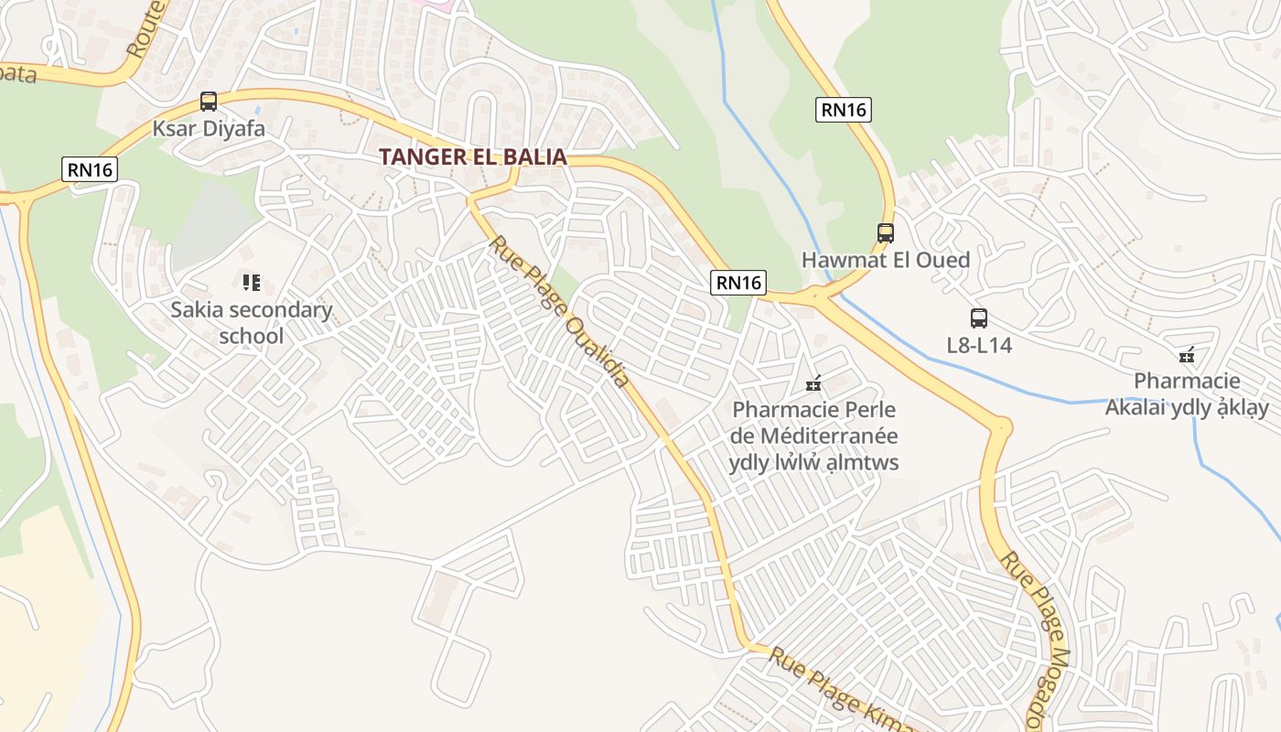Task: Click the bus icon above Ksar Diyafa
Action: coord(209,102)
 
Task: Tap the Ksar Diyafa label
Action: coord(209,129)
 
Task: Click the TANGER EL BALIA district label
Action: coord(473,156)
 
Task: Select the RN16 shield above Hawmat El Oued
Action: coord(843,110)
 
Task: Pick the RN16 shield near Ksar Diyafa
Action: coord(90,169)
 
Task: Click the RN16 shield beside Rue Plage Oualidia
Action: coord(738,283)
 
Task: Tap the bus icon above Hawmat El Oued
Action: coord(885,233)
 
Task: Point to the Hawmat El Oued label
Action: coord(885,260)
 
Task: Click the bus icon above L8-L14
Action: coord(978,318)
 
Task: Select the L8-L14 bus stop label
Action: coord(978,346)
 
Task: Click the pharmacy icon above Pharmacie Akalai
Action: coord(1187,355)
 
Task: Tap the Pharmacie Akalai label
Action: coord(1187,394)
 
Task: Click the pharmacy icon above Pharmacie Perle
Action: coord(813,384)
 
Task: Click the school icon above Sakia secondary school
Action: coord(252,283)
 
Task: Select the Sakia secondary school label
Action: coord(252,323)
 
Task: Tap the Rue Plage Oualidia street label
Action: coord(560,312)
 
